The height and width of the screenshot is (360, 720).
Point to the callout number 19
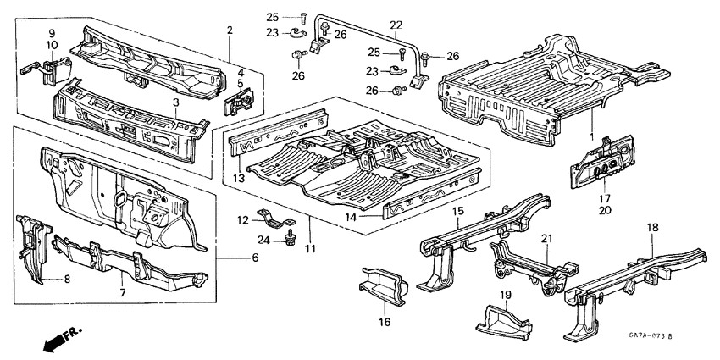coord(505,295)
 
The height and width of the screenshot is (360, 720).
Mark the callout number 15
coord(458,210)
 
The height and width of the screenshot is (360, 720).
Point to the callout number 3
coord(175,102)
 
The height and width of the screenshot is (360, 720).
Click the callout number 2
coord(229,30)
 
